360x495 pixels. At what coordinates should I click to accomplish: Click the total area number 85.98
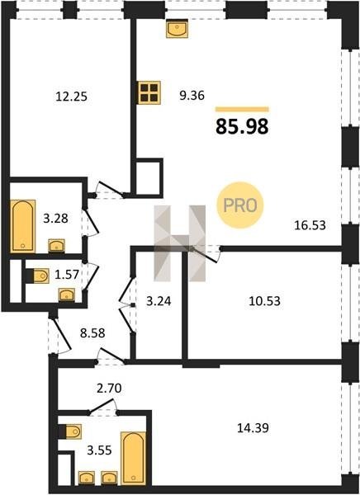point(242,126)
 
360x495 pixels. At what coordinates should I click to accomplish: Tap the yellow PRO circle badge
point(240,205)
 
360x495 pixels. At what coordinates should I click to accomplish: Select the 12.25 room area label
point(71,97)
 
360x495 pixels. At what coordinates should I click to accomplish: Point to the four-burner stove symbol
point(149,92)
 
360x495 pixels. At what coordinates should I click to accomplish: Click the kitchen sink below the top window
point(177,28)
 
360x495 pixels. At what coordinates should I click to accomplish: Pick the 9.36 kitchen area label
point(192,95)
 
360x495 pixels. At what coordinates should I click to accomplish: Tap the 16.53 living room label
point(310,225)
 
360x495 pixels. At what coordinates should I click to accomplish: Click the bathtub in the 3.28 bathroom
point(23,226)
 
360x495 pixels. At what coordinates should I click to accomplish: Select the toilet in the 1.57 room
point(40,276)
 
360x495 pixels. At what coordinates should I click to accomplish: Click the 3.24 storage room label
point(159,301)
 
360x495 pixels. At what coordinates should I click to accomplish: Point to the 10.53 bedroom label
point(264,301)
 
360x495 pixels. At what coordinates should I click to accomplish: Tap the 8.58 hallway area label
point(92,332)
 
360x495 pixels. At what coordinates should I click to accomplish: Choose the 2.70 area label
point(109,389)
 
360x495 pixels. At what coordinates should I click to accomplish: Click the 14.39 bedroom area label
point(253,428)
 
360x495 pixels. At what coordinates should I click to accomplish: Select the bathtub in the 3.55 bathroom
point(134,458)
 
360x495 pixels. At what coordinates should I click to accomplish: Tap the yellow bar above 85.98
point(242,110)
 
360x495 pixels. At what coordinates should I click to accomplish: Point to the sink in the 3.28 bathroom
point(57,246)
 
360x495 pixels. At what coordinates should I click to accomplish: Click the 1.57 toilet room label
point(67,275)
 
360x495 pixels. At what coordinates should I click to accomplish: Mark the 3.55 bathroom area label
point(99,450)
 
